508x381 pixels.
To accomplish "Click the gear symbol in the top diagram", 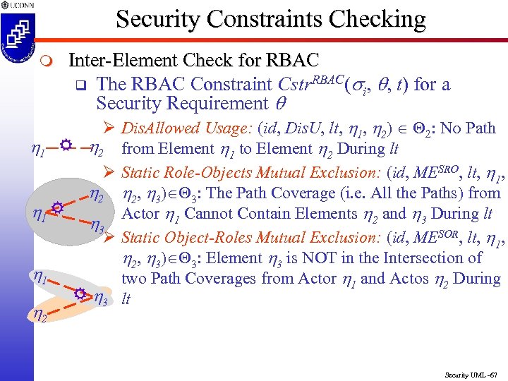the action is click(x=65, y=145).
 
